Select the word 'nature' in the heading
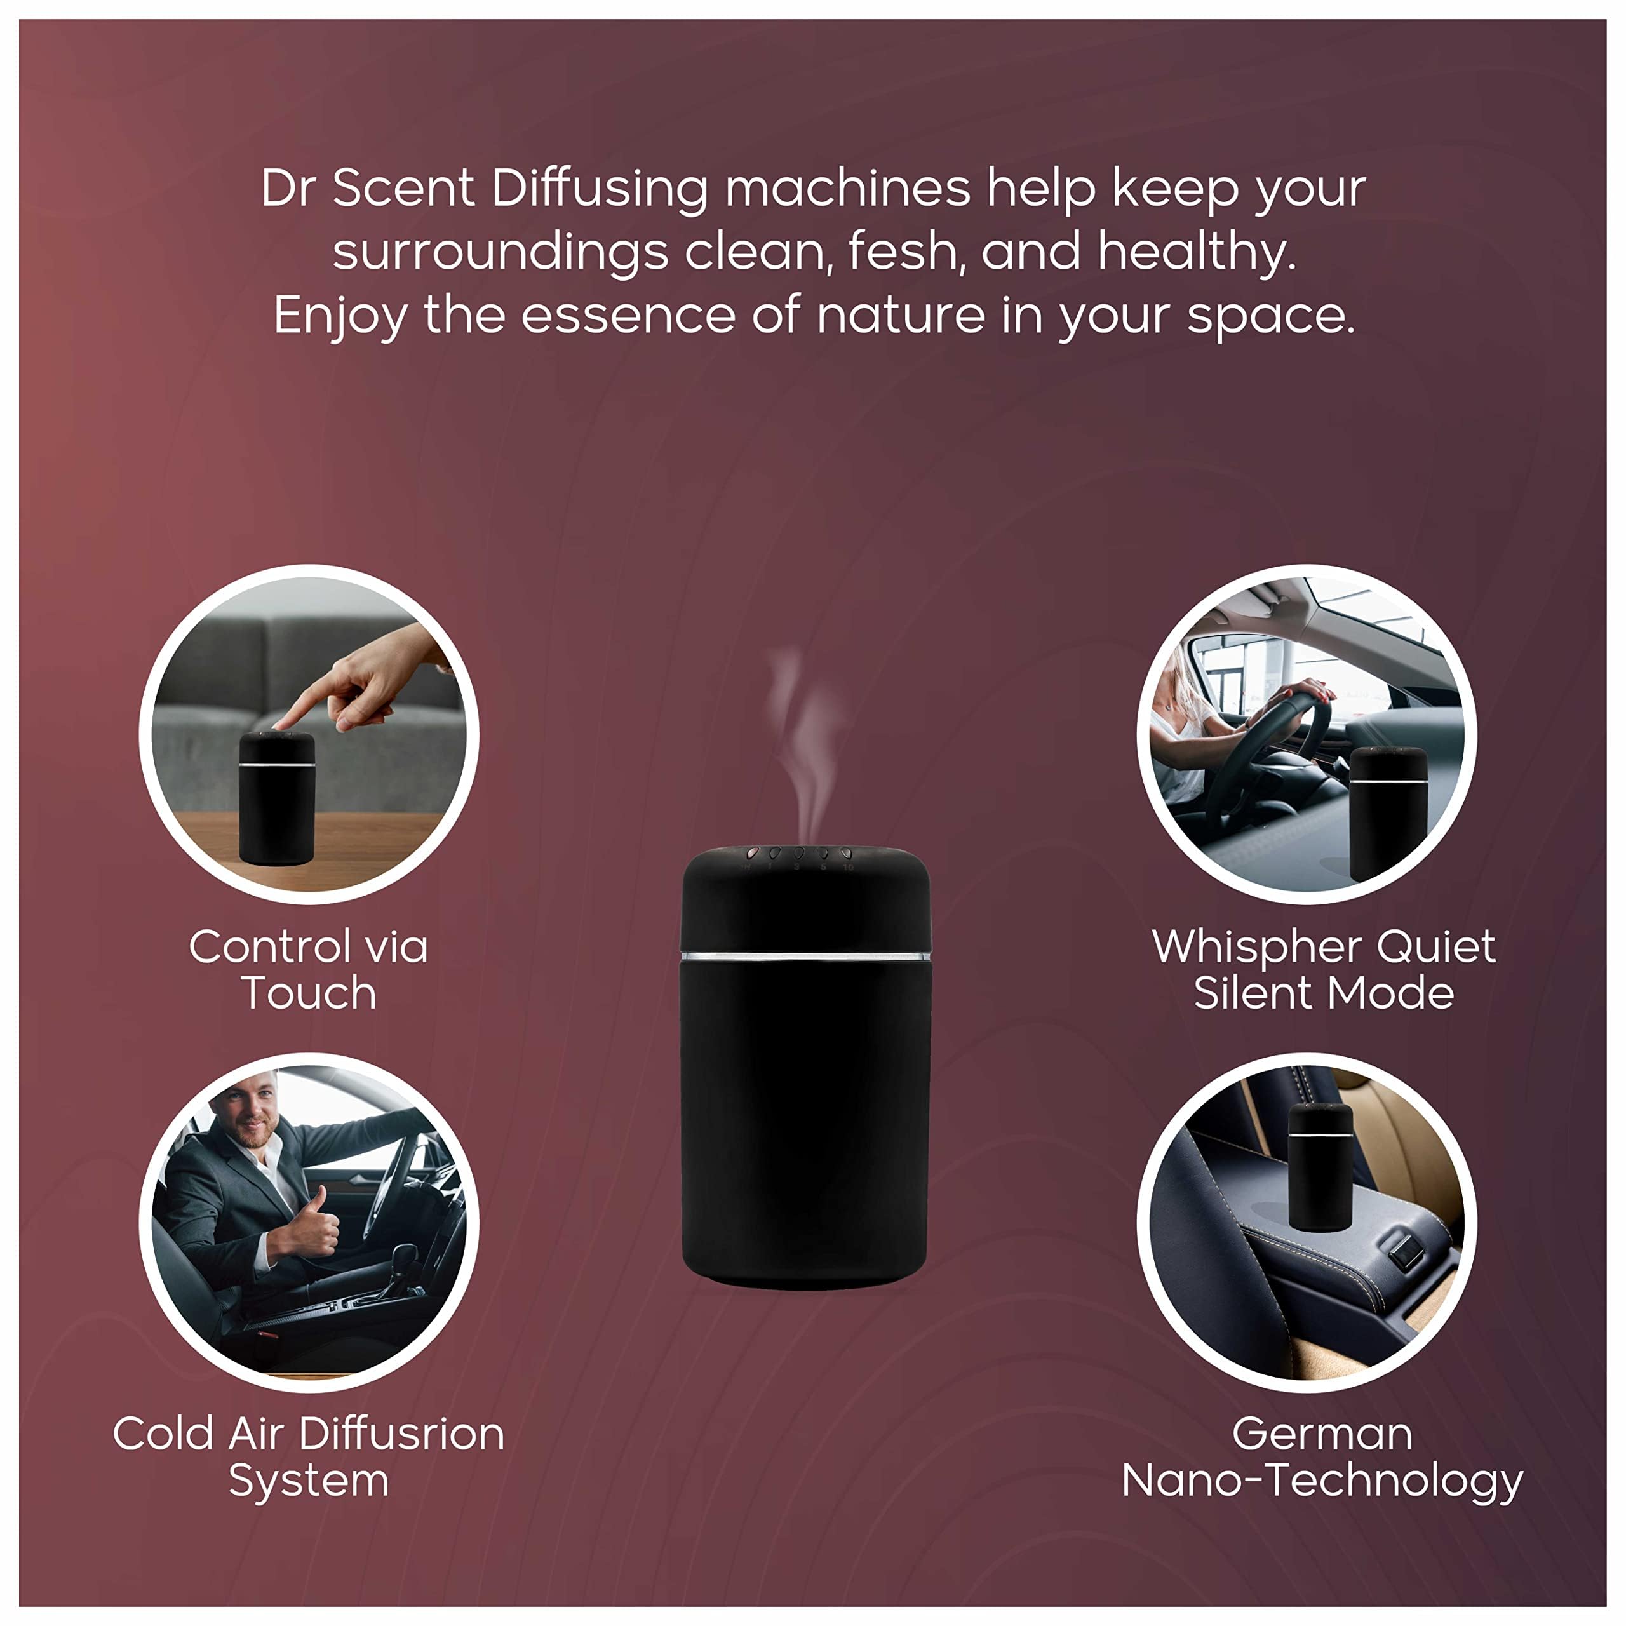click(901, 316)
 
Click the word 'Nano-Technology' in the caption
click(1322, 1482)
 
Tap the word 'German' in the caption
click(1322, 1434)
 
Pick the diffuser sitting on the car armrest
click(1320, 1166)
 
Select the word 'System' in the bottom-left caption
click(309, 1482)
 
